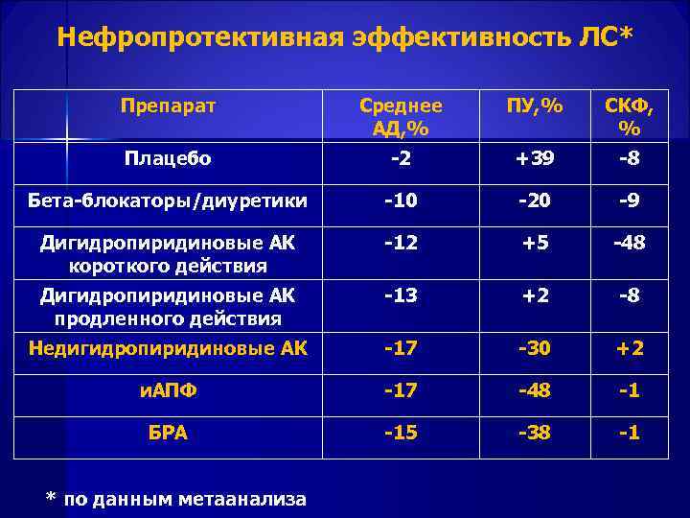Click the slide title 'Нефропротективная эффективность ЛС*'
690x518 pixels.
pos(345,37)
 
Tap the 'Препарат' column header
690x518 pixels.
pos(169,104)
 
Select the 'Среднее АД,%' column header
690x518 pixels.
pos(401,116)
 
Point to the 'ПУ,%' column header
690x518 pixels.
pos(535,105)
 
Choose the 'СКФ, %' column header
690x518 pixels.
pos(630,116)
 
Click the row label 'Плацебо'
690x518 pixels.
pos(168,158)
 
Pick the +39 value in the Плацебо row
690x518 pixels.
pos(535,158)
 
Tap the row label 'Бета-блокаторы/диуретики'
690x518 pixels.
pos(168,200)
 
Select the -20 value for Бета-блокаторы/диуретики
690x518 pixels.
pos(535,200)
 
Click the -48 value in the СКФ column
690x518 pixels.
pos(630,243)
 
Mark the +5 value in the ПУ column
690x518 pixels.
pos(535,243)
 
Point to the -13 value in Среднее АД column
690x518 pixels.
pos(401,294)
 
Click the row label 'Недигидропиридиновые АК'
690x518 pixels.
pos(168,348)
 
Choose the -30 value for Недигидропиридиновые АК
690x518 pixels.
pos(535,348)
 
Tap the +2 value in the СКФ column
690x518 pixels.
pos(630,348)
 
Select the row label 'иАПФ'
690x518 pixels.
pos(168,390)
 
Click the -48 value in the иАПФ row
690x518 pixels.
pos(535,390)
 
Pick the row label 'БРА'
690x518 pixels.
pos(168,433)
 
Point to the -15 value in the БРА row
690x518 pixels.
pos(401,433)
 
